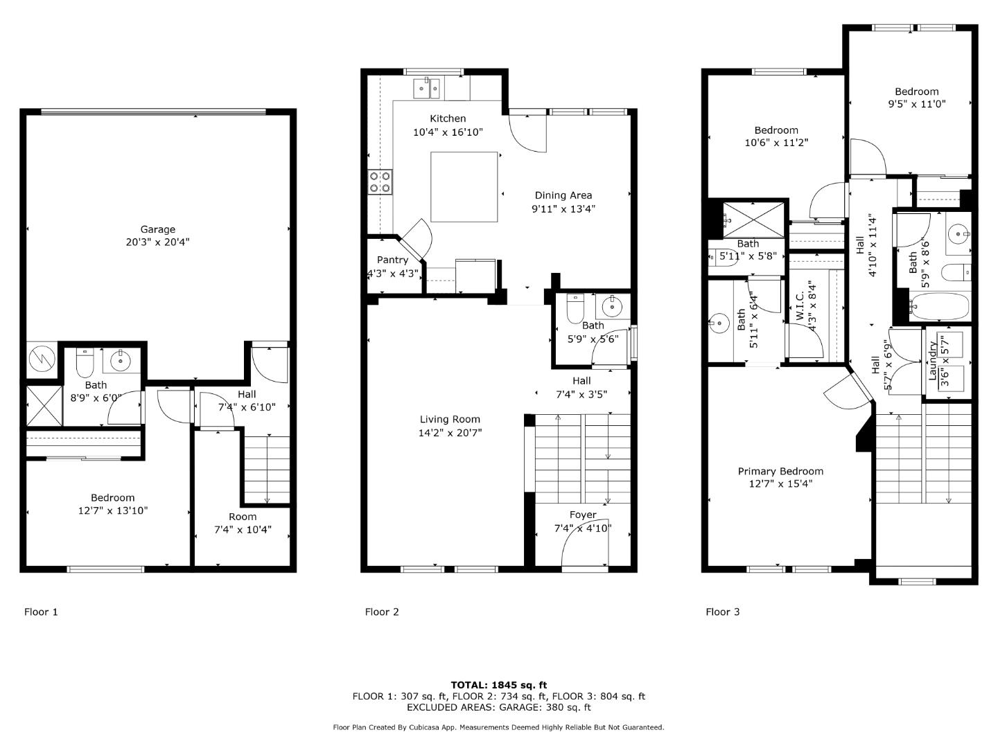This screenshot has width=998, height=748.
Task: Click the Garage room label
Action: pyautogui.click(x=158, y=229)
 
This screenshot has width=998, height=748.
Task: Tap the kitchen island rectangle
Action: pyautogui.click(x=464, y=186)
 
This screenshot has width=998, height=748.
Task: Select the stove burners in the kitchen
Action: pyautogui.click(x=380, y=181)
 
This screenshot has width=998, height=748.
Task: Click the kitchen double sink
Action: pyautogui.click(x=426, y=89)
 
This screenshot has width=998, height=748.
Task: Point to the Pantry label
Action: pyautogui.click(x=392, y=260)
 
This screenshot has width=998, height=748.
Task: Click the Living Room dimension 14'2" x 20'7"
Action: pyautogui.click(x=450, y=433)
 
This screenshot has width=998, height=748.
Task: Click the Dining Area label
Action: pyautogui.click(x=563, y=195)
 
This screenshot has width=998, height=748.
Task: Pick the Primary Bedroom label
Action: pyautogui.click(x=780, y=471)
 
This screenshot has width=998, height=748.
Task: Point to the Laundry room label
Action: pyautogui.click(x=932, y=360)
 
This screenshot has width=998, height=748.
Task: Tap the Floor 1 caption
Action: pyautogui.click(x=42, y=612)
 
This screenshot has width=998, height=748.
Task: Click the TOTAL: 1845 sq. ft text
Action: pyautogui.click(x=499, y=685)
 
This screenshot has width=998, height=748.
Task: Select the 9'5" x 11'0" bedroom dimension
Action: pyautogui.click(x=917, y=104)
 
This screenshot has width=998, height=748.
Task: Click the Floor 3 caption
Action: pyautogui.click(x=723, y=612)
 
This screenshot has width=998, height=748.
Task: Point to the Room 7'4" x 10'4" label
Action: pyautogui.click(x=243, y=523)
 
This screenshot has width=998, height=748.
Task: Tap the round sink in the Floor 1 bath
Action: pyautogui.click(x=121, y=360)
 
